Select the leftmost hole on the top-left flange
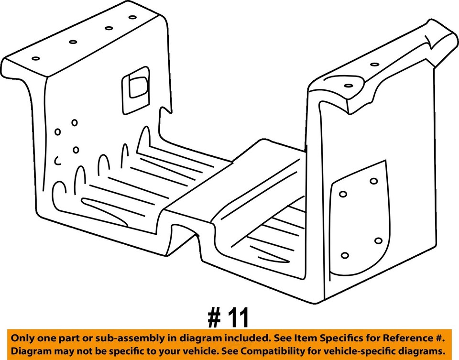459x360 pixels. pyautogui.click(x=36, y=58)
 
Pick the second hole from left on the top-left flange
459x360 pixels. pyautogui.click(x=73, y=42)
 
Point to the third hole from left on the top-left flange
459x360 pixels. pyautogui.click(x=109, y=29)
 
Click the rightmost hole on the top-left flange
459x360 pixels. pyautogui.click(x=132, y=17)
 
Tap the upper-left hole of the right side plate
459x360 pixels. pyautogui.click(x=343, y=194)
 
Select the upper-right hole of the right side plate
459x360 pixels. pyautogui.click(x=374, y=181)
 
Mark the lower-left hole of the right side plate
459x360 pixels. pyautogui.click(x=346, y=255)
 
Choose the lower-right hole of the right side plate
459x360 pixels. pyautogui.click(x=379, y=240)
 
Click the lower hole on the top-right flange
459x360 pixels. pyautogui.click(x=349, y=86)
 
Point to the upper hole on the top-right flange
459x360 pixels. pyautogui.click(x=374, y=64)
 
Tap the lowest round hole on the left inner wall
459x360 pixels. pyautogui.click(x=76, y=150)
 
